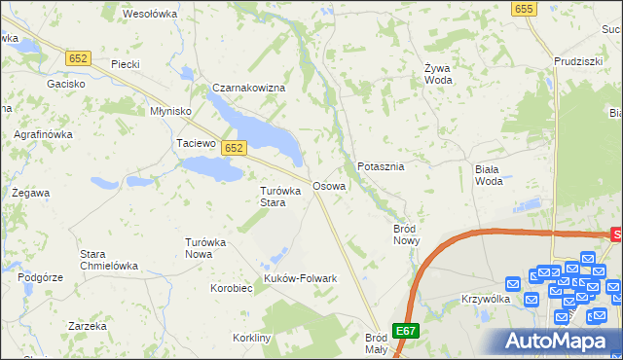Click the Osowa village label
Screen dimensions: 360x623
328,185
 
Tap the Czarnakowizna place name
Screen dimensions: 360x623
248,89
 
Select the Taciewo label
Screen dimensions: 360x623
195,143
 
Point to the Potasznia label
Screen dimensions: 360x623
381,166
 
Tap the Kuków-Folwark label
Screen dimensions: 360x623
301,278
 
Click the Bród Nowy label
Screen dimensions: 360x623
405,234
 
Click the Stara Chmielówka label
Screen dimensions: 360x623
108,260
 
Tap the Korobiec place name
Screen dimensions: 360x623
232,288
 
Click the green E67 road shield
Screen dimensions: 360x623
406,331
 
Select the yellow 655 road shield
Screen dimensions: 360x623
524,9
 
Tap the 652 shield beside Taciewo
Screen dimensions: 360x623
233,148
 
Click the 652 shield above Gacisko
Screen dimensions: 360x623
79,58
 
